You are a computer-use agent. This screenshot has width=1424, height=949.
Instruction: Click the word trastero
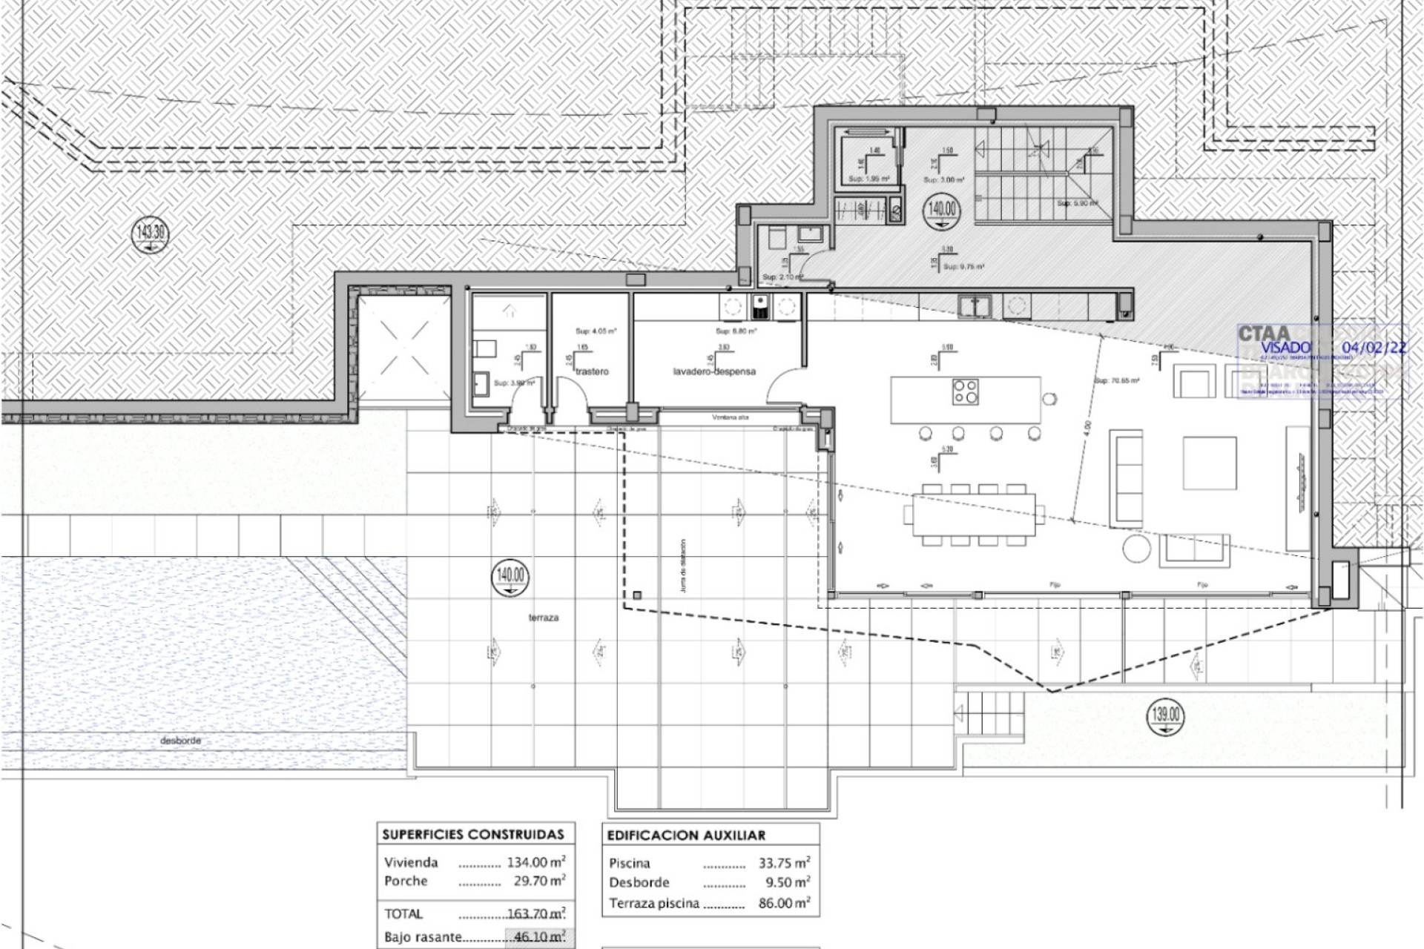point(591,371)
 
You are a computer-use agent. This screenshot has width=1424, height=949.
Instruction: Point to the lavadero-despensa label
point(714,371)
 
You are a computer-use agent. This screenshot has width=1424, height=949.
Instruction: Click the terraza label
point(544,618)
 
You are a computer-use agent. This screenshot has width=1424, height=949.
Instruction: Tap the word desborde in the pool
point(180,740)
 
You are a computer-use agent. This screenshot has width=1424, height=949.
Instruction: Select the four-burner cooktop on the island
point(966,391)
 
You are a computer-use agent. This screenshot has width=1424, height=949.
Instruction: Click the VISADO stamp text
point(1285,347)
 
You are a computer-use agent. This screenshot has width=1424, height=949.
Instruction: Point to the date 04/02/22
point(1379,347)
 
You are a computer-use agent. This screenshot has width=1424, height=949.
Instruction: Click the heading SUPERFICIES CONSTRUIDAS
point(473,834)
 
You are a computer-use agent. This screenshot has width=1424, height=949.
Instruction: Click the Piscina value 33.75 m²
point(784,863)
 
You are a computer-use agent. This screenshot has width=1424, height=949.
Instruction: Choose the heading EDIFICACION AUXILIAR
point(686,835)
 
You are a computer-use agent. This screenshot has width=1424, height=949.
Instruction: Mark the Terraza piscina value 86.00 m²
point(784,903)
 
